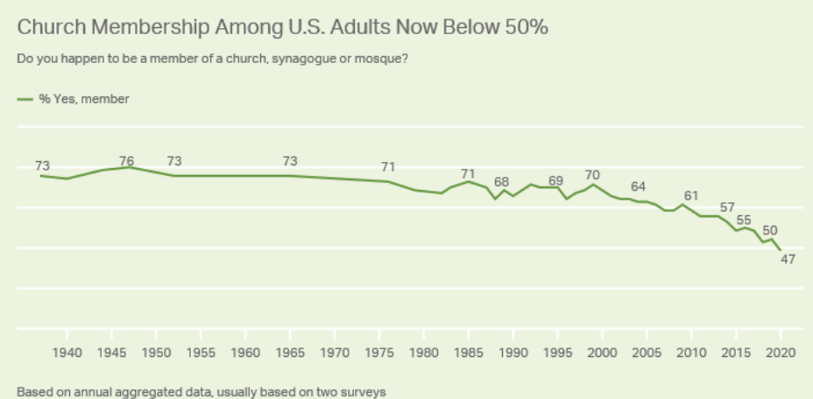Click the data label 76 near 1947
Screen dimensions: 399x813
click(x=127, y=161)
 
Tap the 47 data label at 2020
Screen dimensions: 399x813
click(x=788, y=259)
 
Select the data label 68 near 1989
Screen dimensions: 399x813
click(x=502, y=182)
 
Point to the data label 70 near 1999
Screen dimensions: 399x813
click(x=592, y=175)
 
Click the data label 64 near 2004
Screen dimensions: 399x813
click(x=638, y=186)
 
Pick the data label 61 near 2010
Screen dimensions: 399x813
click(x=691, y=195)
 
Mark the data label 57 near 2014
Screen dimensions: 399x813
click(x=727, y=207)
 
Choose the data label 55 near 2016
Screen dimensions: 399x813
click(x=744, y=220)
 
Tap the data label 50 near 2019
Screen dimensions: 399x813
click(x=770, y=230)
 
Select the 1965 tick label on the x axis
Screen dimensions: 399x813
click(x=289, y=353)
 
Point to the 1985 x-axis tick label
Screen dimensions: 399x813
click(x=468, y=353)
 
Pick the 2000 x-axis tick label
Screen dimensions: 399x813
click(x=601, y=353)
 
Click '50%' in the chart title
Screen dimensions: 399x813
click(x=526, y=27)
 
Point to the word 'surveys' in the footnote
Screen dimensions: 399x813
click(x=365, y=393)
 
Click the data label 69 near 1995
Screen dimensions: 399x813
click(x=555, y=180)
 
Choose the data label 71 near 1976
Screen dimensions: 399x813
click(x=389, y=167)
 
